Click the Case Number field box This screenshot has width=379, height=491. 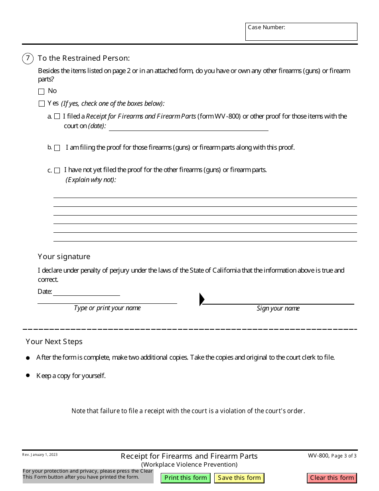301,32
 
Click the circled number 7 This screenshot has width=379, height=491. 28,58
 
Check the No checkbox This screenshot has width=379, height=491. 41,91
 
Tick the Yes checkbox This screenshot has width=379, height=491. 41,104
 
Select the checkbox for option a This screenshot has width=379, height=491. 57,117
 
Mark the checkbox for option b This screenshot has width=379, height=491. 57,148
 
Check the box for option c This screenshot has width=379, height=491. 57,170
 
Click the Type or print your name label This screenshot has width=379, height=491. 107,308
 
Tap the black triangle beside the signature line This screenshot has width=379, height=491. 201,299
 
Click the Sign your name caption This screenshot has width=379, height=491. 278,309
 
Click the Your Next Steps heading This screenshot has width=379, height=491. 54,342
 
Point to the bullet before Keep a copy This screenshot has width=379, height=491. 28,375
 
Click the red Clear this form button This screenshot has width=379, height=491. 332,478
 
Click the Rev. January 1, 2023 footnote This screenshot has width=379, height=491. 40,455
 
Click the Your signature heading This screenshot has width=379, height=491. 64,257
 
